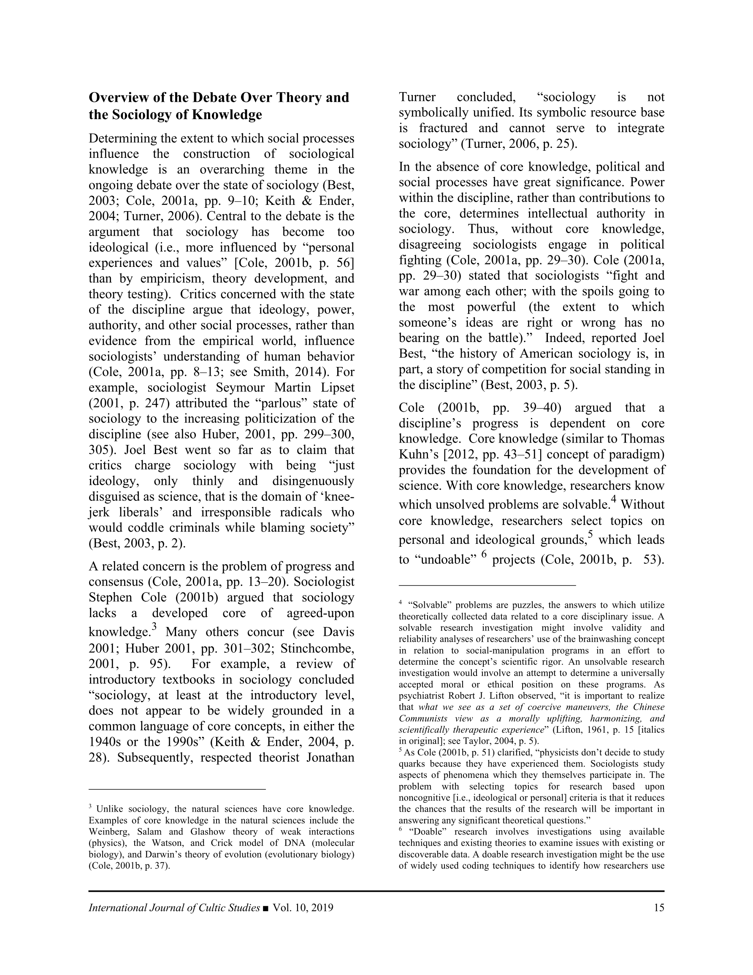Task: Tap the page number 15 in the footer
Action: (x=659, y=907)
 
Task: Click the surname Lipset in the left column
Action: (x=334, y=388)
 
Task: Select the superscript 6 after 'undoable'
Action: (x=484, y=555)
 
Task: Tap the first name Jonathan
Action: (x=329, y=757)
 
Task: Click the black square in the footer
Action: (x=266, y=908)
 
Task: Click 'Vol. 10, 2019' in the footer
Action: (x=303, y=907)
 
